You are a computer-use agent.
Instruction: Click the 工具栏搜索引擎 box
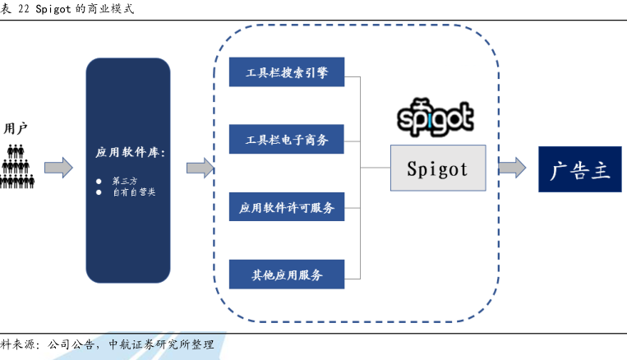click(x=286, y=72)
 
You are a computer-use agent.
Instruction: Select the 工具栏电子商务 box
click(x=286, y=140)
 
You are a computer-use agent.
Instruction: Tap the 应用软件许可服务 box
click(x=286, y=207)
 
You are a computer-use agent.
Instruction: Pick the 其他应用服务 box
click(x=286, y=274)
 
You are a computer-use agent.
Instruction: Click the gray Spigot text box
click(x=437, y=168)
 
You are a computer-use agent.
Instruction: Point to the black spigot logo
click(x=436, y=118)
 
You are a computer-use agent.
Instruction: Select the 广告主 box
click(x=580, y=169)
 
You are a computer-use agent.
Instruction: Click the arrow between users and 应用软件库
click(x=58, y=168)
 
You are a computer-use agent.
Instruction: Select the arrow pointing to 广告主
click(x=511, y=168)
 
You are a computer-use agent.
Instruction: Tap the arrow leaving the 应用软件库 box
click(x=200, y=168)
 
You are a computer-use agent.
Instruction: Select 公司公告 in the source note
click(x=70, y=345)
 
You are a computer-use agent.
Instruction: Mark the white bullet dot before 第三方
click(x=99, y=180)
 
